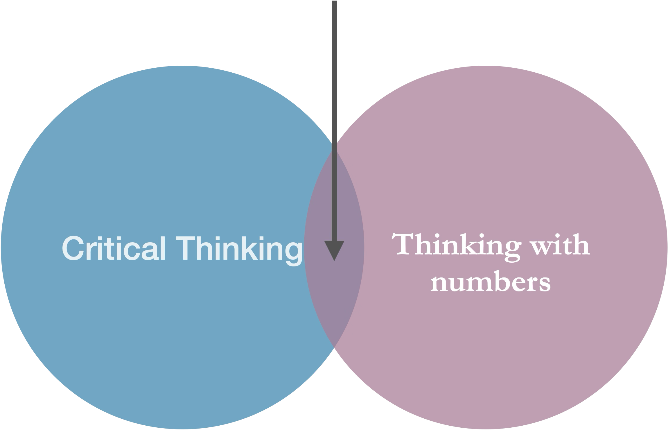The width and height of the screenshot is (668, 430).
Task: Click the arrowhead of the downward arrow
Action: (x=334, y=250)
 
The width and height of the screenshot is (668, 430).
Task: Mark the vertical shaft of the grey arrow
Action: (x=334, y=116)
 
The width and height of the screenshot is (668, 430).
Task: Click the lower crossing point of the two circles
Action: (x=334, y=350)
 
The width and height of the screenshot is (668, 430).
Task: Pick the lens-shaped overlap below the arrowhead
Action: (x=334, y=296)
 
